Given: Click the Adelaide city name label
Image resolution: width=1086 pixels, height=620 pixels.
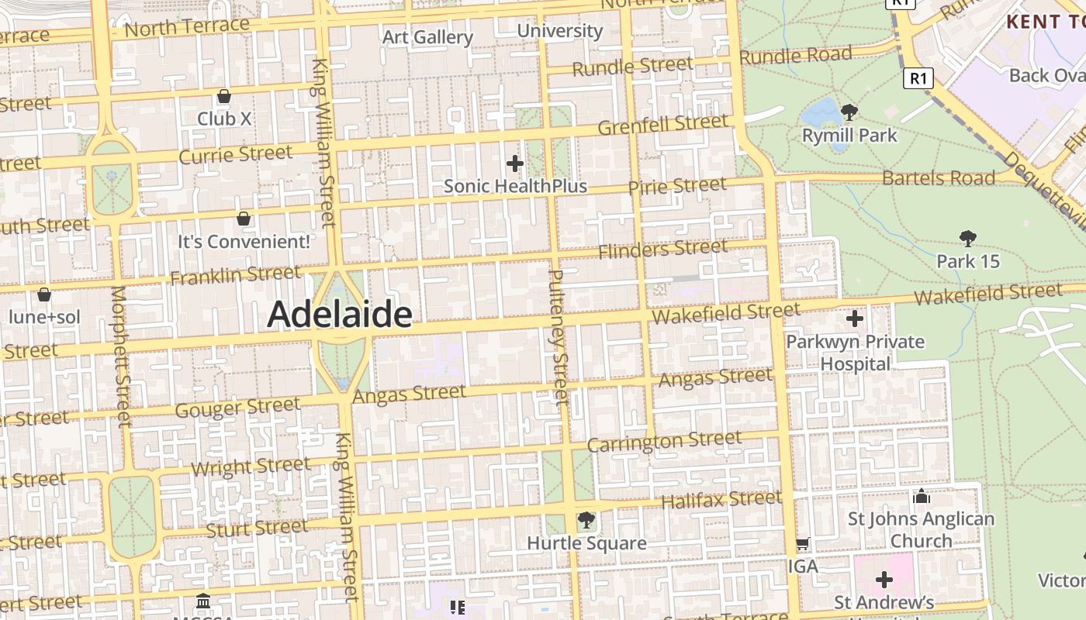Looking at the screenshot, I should [x=339, y=315].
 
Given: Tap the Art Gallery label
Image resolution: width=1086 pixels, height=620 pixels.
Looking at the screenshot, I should [x=427, y=36].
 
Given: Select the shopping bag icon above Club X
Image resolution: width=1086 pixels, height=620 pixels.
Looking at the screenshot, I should [x=224, y=97].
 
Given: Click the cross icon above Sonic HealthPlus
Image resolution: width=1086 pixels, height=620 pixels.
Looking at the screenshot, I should [x=514, y=164].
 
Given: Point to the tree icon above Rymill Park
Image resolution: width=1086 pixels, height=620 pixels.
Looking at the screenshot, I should [x=849, y=112].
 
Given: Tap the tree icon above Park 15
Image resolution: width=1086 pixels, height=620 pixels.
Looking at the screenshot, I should [x=967, y=238].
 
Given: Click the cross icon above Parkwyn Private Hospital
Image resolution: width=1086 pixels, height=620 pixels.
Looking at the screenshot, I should [x=854, y=319].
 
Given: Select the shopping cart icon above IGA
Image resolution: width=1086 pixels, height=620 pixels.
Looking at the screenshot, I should [x=803, y=544].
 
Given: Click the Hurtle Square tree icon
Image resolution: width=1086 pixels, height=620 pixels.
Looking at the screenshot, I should [x=586, y=520].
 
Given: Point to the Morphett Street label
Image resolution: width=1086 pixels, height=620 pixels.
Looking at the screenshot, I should [x=121, y=356].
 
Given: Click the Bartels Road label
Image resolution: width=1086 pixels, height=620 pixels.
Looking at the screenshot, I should [x=939, y=177].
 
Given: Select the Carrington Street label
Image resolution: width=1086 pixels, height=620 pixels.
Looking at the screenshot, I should [x=664, y=442].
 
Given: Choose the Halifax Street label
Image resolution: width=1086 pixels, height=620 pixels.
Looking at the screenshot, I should [x=721, y=500].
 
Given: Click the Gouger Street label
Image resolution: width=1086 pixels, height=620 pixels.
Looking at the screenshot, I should [x=237, y=407].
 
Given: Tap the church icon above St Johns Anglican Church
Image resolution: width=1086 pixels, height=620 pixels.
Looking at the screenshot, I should [x=922, y=496].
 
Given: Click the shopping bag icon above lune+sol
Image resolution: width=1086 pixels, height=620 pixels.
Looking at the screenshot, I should [x=44, y=294].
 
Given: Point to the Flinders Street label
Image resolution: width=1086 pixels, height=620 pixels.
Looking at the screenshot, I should [x=663, y=250].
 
